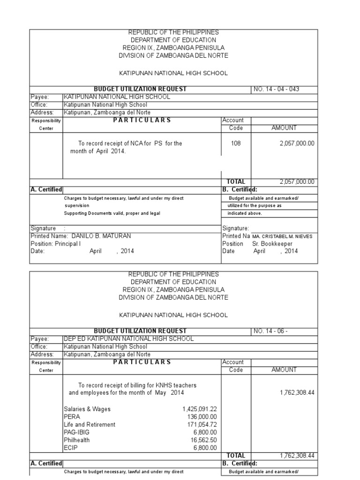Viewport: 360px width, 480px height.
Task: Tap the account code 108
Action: tap(236, 143)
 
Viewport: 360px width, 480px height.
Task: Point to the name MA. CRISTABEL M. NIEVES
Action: tap(282, 236)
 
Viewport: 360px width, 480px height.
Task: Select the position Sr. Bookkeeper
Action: tap(272, 244)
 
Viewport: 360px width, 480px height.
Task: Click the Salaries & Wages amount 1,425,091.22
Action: tap(200, 409)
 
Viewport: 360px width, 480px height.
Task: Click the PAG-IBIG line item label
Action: tap(76, 432)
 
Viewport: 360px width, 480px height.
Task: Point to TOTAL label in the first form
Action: tap(236, 182)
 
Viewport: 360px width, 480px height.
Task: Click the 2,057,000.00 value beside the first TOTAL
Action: tap(297, 182)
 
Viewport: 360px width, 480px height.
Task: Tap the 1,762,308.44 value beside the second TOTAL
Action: tap(297, 455)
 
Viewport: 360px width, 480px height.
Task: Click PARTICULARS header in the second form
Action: tap(141, 362)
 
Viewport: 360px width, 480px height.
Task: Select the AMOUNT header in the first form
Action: tap(284, 127)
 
